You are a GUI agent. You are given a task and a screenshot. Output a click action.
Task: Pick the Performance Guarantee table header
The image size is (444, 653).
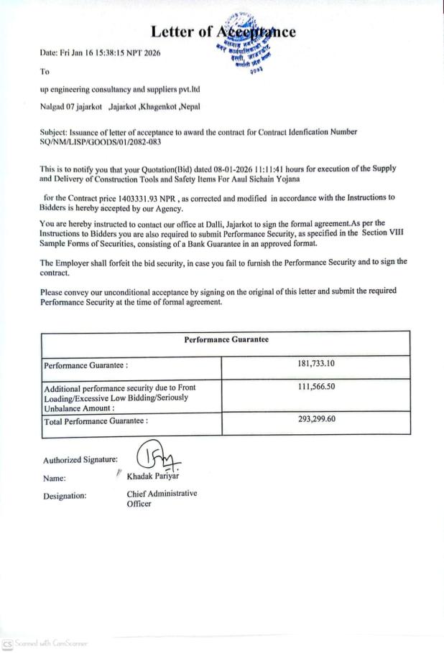tap(226, 339)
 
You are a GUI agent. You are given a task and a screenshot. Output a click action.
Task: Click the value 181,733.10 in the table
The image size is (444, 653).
tap(316, 364)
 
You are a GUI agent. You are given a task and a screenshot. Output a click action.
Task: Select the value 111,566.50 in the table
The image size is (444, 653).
tap(316, 387)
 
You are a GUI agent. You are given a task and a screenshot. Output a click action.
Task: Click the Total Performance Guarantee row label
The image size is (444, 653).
tap(96, 421)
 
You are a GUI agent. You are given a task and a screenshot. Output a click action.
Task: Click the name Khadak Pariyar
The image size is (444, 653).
tap(153, 476)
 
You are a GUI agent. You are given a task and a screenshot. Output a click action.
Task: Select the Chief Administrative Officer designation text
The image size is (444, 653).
tap(161, 498)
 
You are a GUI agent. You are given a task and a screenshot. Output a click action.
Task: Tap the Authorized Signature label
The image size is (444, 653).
tap(80, 460)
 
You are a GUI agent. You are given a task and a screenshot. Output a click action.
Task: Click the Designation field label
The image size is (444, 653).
tap(65, 495)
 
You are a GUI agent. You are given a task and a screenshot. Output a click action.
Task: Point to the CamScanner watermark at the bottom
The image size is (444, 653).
tap(45, 643)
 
